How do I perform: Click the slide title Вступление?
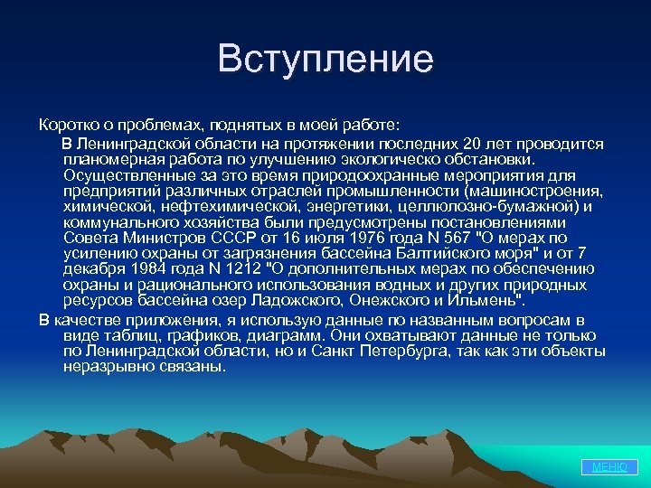click(325, 60)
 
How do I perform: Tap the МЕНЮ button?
click(609, 467)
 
